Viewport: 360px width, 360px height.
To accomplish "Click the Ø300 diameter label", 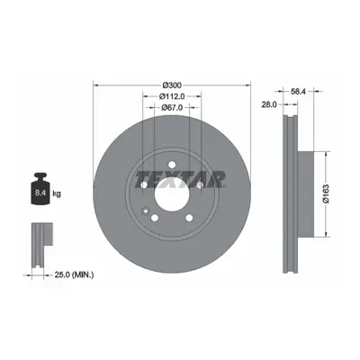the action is point(172,85).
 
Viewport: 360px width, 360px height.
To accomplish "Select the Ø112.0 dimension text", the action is point(172,96).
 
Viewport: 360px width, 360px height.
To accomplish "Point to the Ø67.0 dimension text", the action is point(172,107).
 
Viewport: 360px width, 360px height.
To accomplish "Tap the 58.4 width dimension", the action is point(298,93).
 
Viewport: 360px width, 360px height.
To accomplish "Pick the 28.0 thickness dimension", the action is point(269,104).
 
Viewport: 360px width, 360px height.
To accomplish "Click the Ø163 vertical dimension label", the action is point(326,193).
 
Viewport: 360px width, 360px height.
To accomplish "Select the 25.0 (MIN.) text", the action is point(74,274).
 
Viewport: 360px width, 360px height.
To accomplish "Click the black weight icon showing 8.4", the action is point(40,188).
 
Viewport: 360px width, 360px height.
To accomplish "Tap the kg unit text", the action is point(57,193).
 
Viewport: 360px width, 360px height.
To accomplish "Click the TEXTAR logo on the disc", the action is point(181,179).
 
